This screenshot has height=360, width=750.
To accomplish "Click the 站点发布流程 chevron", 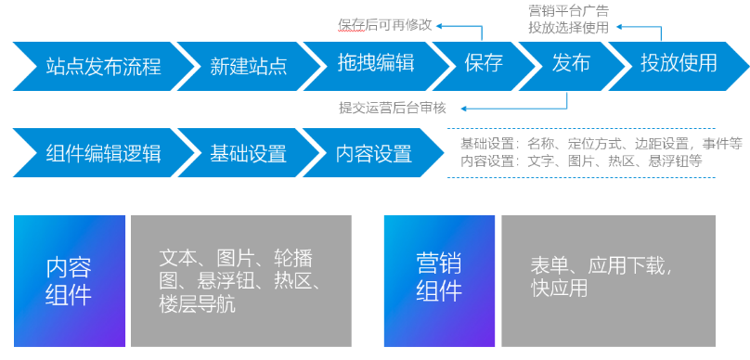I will click(102, 65).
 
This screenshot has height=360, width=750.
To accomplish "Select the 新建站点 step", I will click(248, 65).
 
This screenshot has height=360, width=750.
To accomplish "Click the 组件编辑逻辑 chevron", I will click(102, 153).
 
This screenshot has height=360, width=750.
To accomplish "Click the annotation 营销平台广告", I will click(568, 11).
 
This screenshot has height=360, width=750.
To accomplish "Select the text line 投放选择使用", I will click(568, 28).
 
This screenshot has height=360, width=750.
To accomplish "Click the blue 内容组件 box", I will click(69, 280).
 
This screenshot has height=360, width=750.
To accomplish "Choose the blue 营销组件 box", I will click(439, 280).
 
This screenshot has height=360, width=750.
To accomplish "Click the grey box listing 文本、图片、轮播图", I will click(240, 280).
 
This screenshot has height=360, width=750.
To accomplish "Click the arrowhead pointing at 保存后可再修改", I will click(441, 25).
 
